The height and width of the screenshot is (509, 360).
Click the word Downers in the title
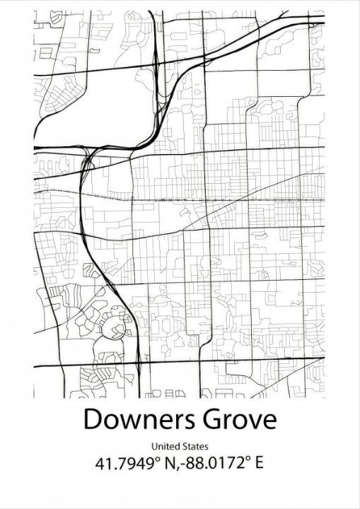coord(132,420)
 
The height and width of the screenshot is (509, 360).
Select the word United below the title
coord(164,447)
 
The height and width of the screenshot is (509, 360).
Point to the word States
coord(196,447)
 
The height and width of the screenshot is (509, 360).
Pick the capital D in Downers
coord(93,420)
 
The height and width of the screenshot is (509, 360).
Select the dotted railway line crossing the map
coord(212,200)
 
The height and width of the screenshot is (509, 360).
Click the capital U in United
coord(154,447)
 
